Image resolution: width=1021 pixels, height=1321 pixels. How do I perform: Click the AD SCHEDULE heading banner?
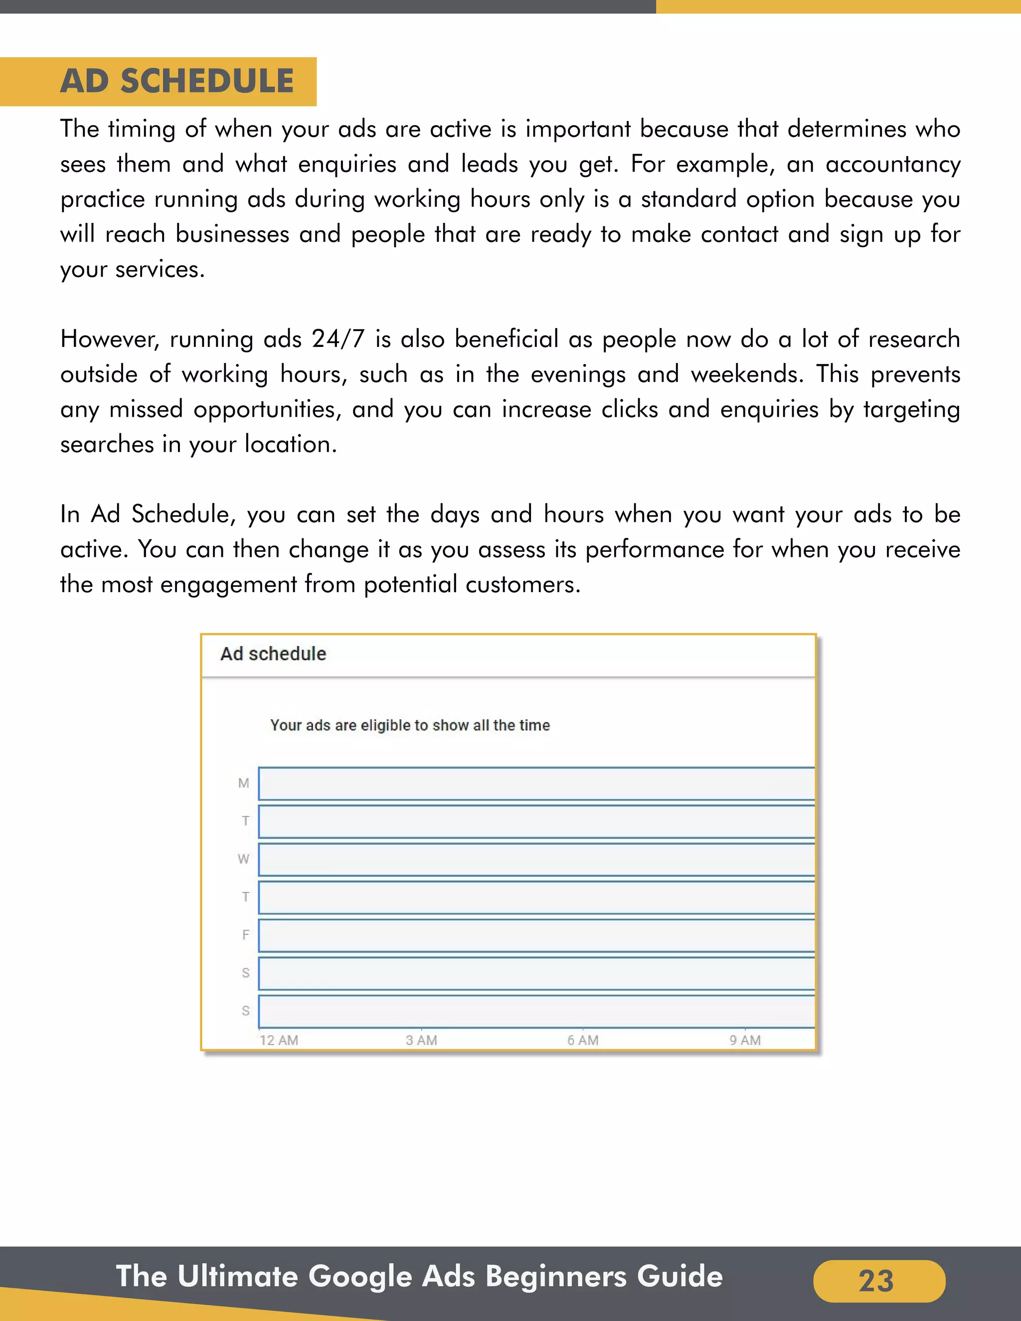(176, 81)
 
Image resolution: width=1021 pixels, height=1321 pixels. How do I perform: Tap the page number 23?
(876, 1281)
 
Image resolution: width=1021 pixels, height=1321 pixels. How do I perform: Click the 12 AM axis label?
(279, 1040)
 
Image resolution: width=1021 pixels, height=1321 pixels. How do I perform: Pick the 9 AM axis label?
(745, 1040)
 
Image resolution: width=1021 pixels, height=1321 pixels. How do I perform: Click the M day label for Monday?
(244, 783)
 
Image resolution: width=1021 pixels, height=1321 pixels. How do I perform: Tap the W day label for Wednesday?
(244, 859)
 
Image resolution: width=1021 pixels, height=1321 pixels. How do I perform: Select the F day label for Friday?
(246, 935)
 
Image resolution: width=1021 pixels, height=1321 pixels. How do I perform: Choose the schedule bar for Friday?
(536, 936)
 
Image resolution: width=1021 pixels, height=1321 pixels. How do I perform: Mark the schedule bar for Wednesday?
(536, 859)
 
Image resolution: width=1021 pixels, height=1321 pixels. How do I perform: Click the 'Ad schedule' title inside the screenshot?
(273, 654)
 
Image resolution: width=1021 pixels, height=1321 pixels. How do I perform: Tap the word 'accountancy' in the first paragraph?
(893, 165)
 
